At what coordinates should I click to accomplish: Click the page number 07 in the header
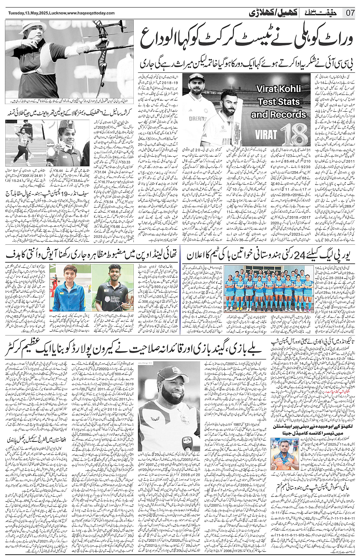coord(350,13)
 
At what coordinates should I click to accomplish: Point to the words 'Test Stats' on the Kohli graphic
coord(279,102)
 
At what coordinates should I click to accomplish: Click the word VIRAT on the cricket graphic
coord(266,135)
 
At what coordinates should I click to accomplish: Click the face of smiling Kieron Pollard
coord(173,395)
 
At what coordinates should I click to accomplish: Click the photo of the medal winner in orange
coord(285,454)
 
